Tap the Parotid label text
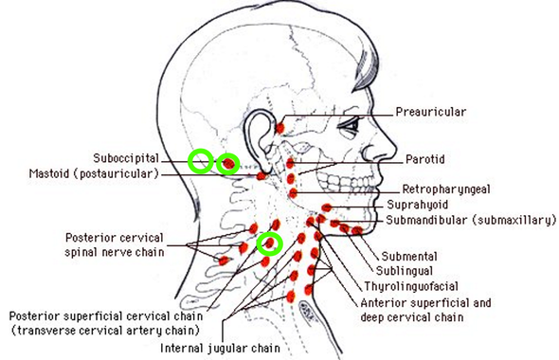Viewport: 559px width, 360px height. [425, 158]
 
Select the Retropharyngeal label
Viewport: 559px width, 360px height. [445, 189]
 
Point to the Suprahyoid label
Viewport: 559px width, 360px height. [417, 205]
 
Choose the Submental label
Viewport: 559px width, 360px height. [409, 257]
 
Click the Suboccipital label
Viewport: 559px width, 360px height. [125, 158]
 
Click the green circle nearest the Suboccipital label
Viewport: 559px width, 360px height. [200, 161]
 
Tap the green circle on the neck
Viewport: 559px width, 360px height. [271, 244]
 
